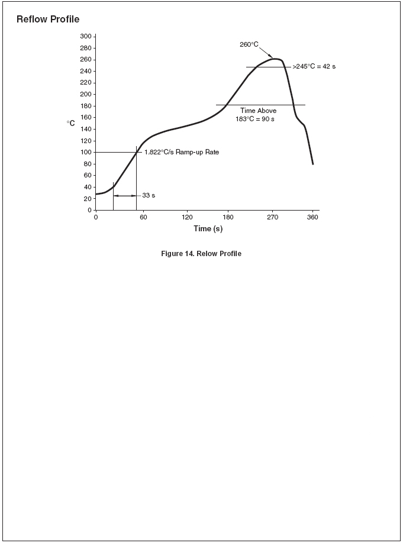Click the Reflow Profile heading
pyautogui.click(x=48, y=20)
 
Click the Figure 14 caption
pyautogui.click(x=201, y=254)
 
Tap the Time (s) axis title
pyautogui.click(x=208, y=229)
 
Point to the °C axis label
pyautogui.click(x=71, y=123)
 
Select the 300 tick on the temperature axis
pyautogui.click(x=85, y=37)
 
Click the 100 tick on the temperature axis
pyautogui.click(x=85, y=152)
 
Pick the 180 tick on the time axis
pyautogui.click(x=228, y=217)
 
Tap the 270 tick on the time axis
pyautogui.click(x=272, y=217)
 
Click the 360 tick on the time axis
pyautogui.click(x=313, y=217)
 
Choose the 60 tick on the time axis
pyautogui.click(x=143, y=217)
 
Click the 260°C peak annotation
pyautogui.click(x=249, y=44)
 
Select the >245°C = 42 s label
pyautogui.click(x=314, y=67)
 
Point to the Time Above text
pyautogui.click(x=258, y=111)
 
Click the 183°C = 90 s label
pyautogui.click(x=255, y=119)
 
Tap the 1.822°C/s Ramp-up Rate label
pyautogui.click(x=182, y=152)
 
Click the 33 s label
pyautogui.click(x=149, y=195)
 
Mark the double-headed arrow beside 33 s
pyautogui.click(x=125, y=195)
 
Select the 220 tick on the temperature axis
pyautogui.click(x=85, y=83)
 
